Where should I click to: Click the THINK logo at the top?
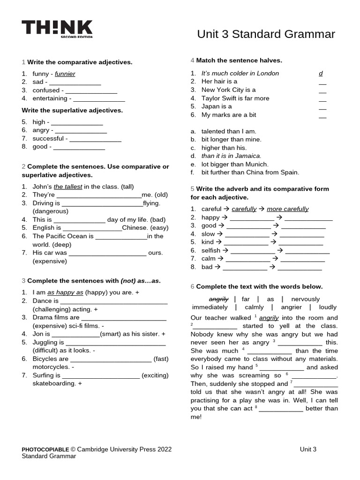pyautogui.click(x=57, y=29)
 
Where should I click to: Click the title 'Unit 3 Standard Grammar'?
pyautogui.click(x=266, y=34)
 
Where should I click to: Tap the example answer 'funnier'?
pyautogui.click(x=65, y=74)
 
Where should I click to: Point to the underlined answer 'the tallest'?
pyautogui.click(x=68, y=187)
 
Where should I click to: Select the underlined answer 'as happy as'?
pyautogui.click(x=65, y=292)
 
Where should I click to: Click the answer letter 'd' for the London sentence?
pyautogui.click(x=321, y=74)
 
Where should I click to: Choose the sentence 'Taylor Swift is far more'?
pyautogui.click(x=235, y=98)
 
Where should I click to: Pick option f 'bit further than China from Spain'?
pyautogui.click(x=250, y=172)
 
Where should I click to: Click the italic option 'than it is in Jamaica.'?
pyautogui.click(x=232, y=156)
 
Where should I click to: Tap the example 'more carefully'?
pyautogui.click(x=287, y=209)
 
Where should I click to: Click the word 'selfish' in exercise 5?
pyautogui.click(x=210, y=250)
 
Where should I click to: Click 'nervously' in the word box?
pyautogui.click(x=305, y=299)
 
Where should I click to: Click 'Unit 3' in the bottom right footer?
pyautogui.click(x=308, y=449)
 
